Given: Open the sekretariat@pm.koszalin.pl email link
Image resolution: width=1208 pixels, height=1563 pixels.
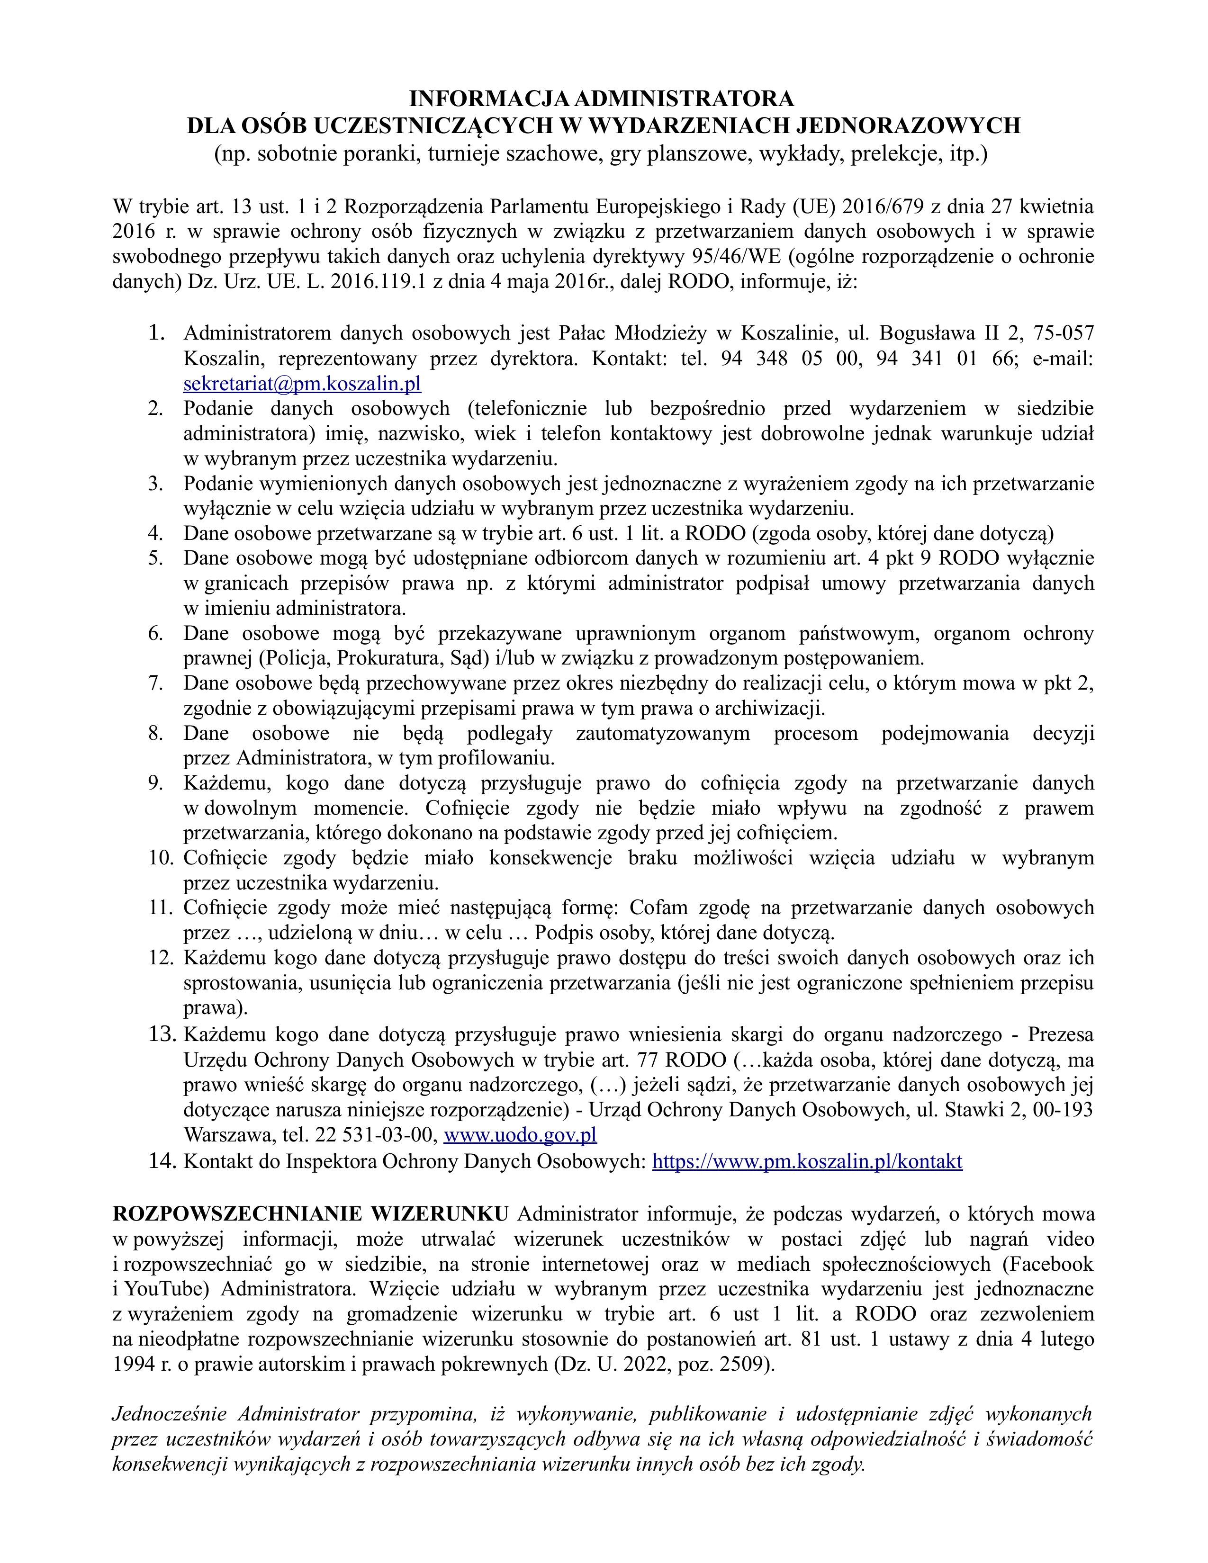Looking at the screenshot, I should point(302,384).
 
